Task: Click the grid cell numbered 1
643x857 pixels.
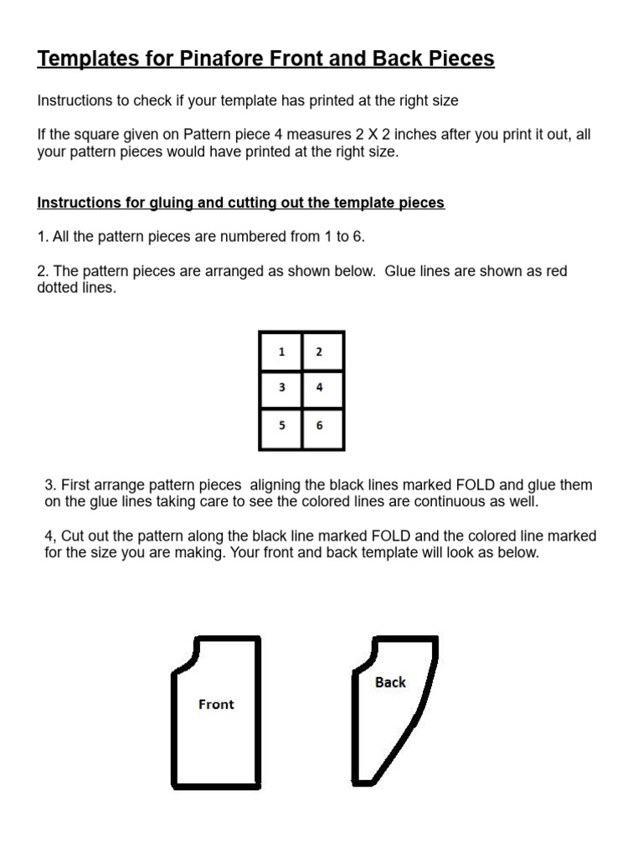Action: (281, 352)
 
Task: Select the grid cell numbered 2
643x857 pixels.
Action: (319, 352)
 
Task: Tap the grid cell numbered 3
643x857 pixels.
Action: (281, 388)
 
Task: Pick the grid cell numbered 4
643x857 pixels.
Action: (319, 388)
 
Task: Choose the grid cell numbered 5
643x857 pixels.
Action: (281, 425)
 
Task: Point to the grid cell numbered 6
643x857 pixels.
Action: (319, 425)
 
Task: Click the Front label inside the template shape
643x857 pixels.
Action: (216, 705)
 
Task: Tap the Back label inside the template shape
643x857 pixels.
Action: (390, 682)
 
